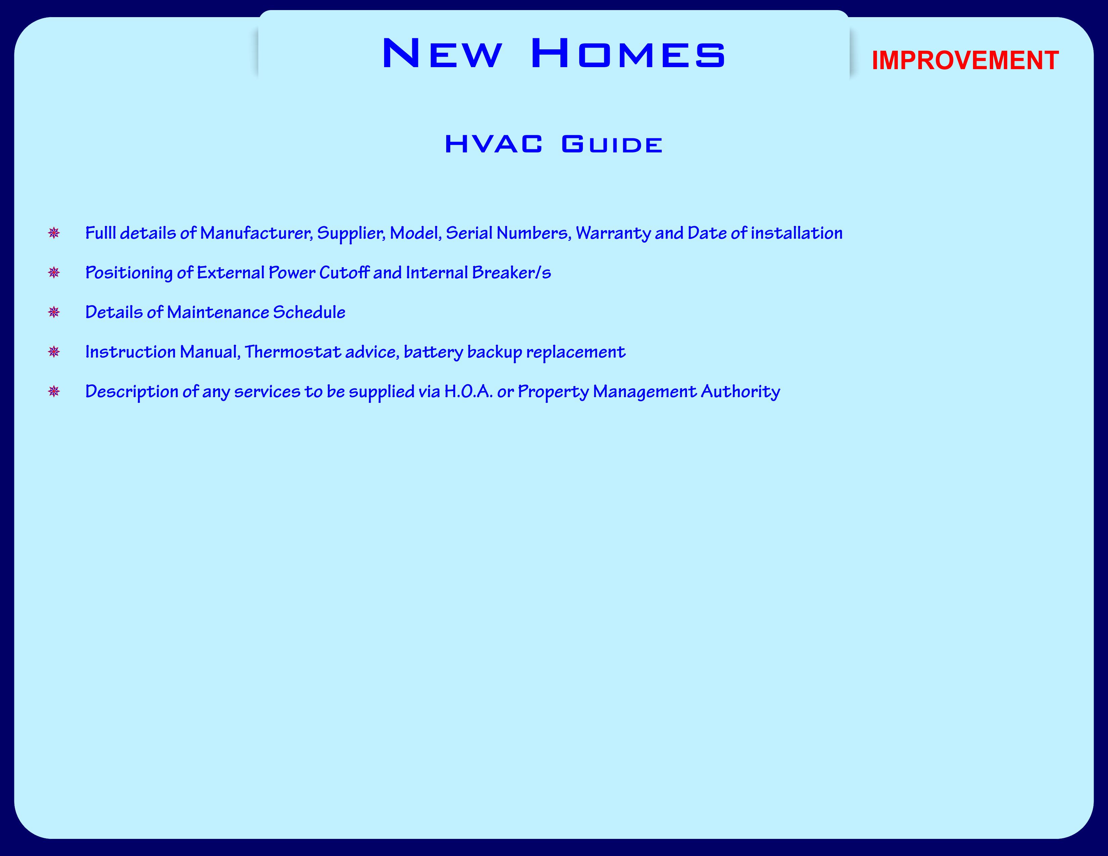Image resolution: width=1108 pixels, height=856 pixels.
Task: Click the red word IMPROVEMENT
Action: click(x=965, y=60)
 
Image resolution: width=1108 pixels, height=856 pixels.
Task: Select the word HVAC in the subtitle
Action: click(x=493, y=144)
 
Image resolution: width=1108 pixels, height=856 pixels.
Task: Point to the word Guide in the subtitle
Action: click(x=612, y=144)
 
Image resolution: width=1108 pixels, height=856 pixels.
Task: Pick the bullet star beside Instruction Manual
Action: click(x=54, y=352)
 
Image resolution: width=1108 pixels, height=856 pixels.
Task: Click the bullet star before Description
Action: click(x=54, y=391)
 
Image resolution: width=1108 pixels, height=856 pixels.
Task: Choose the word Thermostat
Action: click(x=293, y=352)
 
